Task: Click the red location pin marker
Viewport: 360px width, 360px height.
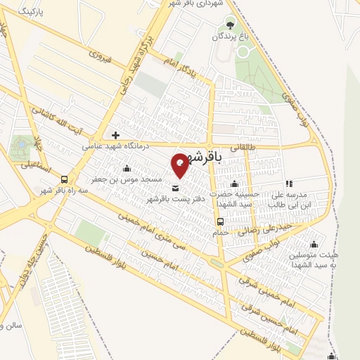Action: click(x=180, y=165)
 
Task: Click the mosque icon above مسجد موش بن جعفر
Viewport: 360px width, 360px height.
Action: click(x=127, y=169)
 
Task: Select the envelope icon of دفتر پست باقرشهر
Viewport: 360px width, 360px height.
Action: click(x=175, y=188)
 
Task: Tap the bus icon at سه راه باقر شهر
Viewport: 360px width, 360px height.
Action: click(x=65, y=179)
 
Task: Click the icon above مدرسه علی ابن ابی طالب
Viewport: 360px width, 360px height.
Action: click(x=289, y=184)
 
